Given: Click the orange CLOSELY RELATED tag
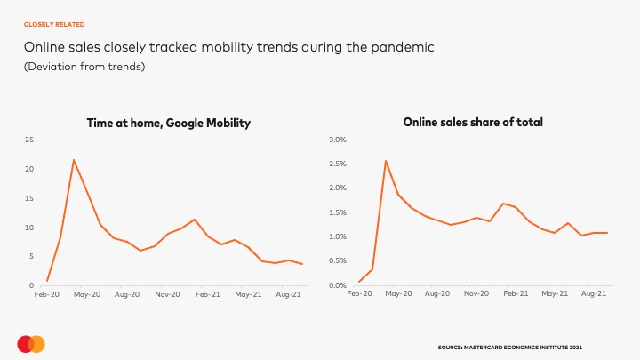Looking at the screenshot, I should (54, 24).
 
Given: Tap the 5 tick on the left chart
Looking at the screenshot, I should (31, 257).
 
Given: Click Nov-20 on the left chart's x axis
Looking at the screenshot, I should (167, 292).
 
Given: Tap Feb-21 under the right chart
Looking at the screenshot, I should (516, 292).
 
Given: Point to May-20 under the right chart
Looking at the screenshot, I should (397, 292).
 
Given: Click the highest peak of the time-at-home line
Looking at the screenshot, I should (74, 160).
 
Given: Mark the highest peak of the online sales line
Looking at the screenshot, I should (385, 161).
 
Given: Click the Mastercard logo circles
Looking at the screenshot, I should (31, 343).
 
